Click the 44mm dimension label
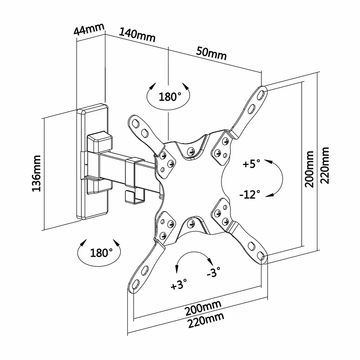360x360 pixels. (89, 29)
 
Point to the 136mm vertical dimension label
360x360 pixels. (37, 174)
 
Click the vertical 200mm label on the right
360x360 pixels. (309, 169)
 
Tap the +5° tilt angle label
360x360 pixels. (251, 164)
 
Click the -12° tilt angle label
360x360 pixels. (249, 195)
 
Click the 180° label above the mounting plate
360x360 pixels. (170, 96)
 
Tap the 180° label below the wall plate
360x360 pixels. (99, 253)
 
